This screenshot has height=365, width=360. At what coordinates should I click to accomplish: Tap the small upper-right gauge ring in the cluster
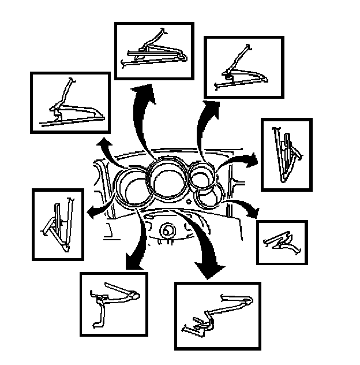pyautogui.click(x=201, y=177)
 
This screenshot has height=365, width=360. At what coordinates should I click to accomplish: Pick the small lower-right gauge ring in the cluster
pyautogui.click(x=207, y=198)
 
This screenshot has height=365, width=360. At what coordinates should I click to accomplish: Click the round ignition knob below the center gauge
pyautogui.click(x=168, y=230)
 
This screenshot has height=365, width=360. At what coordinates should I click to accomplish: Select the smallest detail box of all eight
pyautogui.click(x=282, y=242)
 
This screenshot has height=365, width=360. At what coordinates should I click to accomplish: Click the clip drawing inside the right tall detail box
pyautogui.click(x=286, y=154)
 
